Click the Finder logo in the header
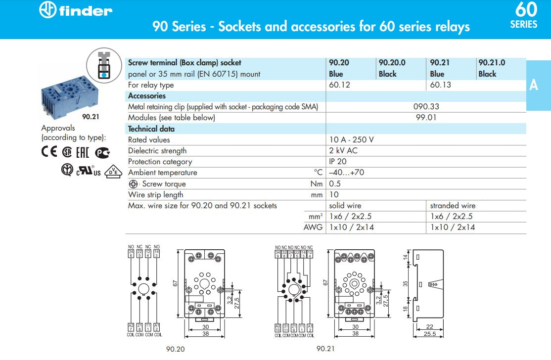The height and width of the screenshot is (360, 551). pos(76,10)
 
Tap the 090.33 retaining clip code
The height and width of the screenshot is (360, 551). pos(426,107)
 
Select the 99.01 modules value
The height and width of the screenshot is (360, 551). pos(426,118)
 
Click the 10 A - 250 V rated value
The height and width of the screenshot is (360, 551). pos(352,140)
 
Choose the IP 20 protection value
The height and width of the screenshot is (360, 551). pos(338,162)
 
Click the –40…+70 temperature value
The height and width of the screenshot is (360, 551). pos(347,173)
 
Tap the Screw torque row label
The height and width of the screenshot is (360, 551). pos(163,184)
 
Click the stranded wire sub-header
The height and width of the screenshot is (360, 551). pos(453,206)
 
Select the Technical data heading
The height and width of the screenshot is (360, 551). pos(151,129)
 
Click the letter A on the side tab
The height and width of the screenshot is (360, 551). pos(533,85)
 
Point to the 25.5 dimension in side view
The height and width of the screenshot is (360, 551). pos(430,334)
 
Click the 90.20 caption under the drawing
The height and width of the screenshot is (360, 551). pos(175,349)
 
